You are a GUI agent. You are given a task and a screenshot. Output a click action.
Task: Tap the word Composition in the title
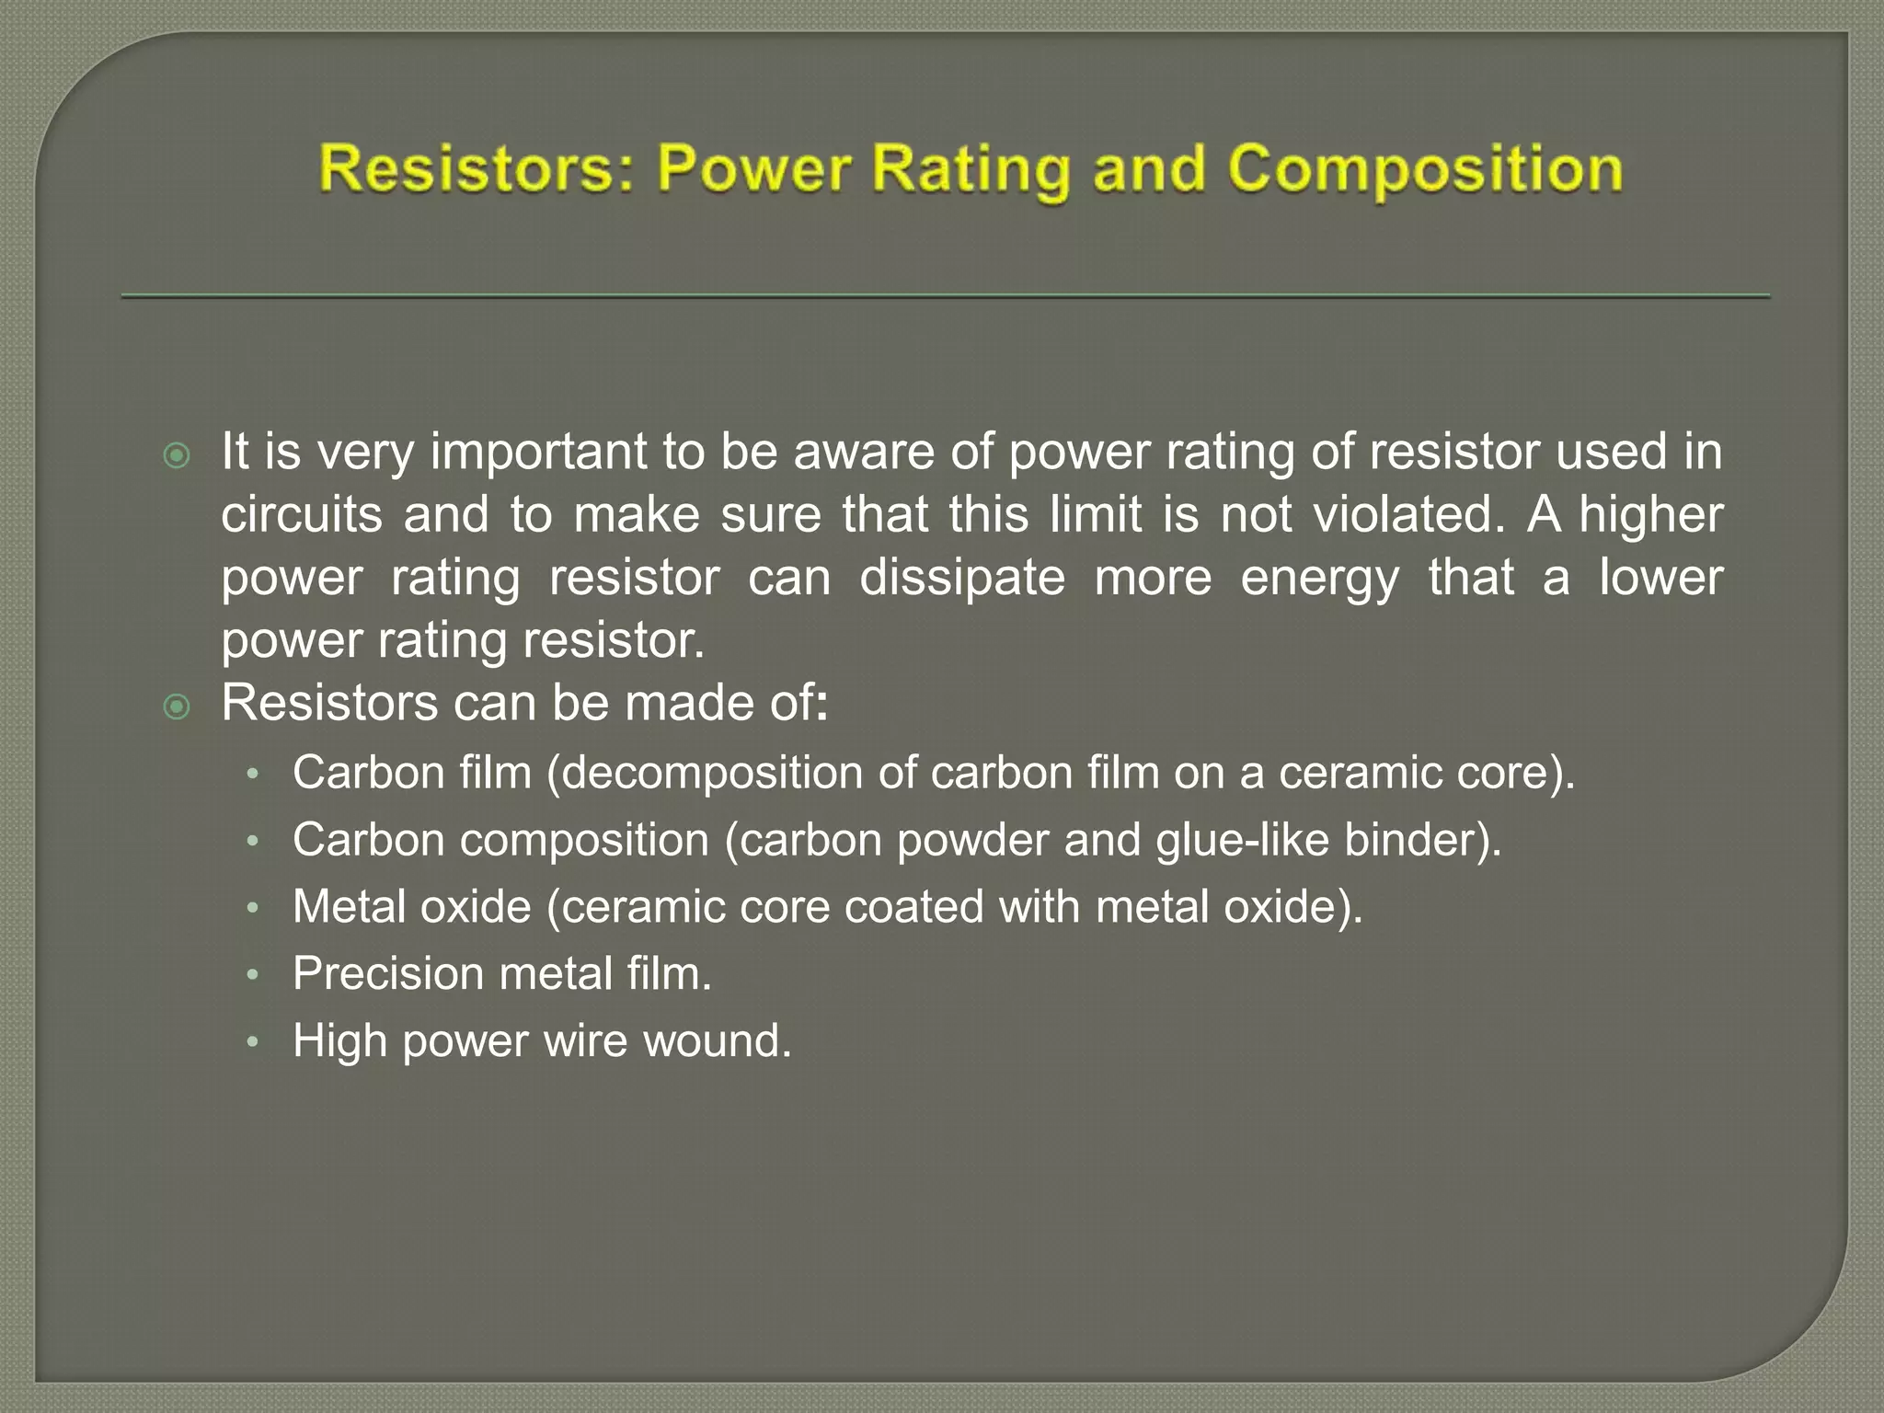1425,171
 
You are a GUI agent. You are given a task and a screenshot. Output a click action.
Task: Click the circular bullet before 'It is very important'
176,455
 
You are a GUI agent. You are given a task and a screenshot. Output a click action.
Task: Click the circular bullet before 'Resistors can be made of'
176,706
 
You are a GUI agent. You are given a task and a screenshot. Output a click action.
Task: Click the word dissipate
962,578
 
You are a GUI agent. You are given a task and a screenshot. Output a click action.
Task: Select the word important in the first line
538,453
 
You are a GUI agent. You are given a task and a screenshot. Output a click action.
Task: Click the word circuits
302,514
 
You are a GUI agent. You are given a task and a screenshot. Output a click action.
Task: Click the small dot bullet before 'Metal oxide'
254,909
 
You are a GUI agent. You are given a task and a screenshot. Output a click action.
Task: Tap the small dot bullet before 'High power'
254,1042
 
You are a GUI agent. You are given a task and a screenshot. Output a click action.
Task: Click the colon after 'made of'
822,706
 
